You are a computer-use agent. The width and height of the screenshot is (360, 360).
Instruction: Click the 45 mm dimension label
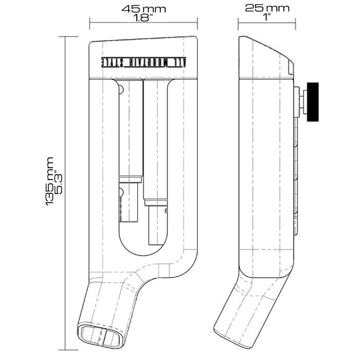click(x=143, y=9)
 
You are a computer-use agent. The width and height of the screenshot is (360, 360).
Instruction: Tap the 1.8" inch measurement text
click(x=143, y=17)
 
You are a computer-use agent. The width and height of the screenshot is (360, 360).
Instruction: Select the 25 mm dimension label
click(x=266, y=9)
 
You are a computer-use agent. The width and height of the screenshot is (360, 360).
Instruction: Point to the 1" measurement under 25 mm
click(x=266, y=17)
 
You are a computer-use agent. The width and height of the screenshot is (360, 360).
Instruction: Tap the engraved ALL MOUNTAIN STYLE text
click(x=145, y=61)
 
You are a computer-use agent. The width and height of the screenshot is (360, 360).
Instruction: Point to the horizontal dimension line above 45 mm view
click(x=143, y=23)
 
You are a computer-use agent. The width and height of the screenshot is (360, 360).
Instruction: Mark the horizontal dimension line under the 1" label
click(x=266, y=23)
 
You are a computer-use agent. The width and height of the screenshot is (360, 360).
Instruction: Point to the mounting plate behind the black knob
click(x=299, y=100)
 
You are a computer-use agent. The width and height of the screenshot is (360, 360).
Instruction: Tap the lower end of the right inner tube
click(x=156, y=226)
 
